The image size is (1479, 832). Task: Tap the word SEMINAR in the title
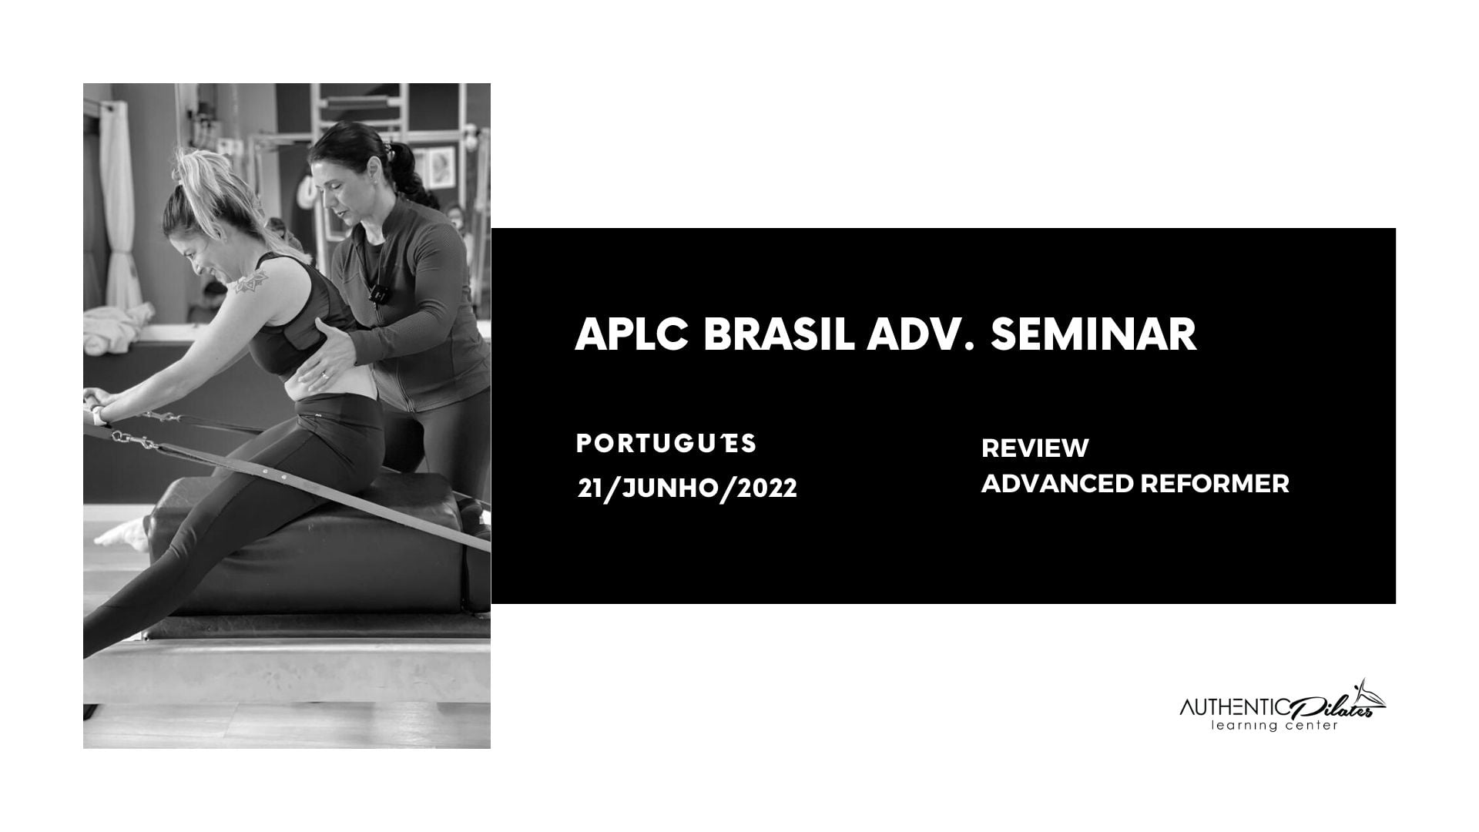pyautogui.click(x=1093, y=334)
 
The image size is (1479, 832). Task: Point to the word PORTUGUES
pyautogui.click(x=666, y=443)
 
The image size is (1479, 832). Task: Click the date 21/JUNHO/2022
pyautogui.click(x=687, y=488)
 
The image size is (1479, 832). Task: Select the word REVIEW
pyautogui.click(x=1035, y=448)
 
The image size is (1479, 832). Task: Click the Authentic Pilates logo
pyautogui.click(x=1283, y=706)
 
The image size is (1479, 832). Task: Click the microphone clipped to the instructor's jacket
pyautogui.click(x=378, y=294)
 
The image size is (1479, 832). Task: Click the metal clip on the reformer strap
pyautogui.click(x=135, y=441)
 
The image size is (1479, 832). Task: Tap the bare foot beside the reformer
pyautogui.click(x=122, y=533)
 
